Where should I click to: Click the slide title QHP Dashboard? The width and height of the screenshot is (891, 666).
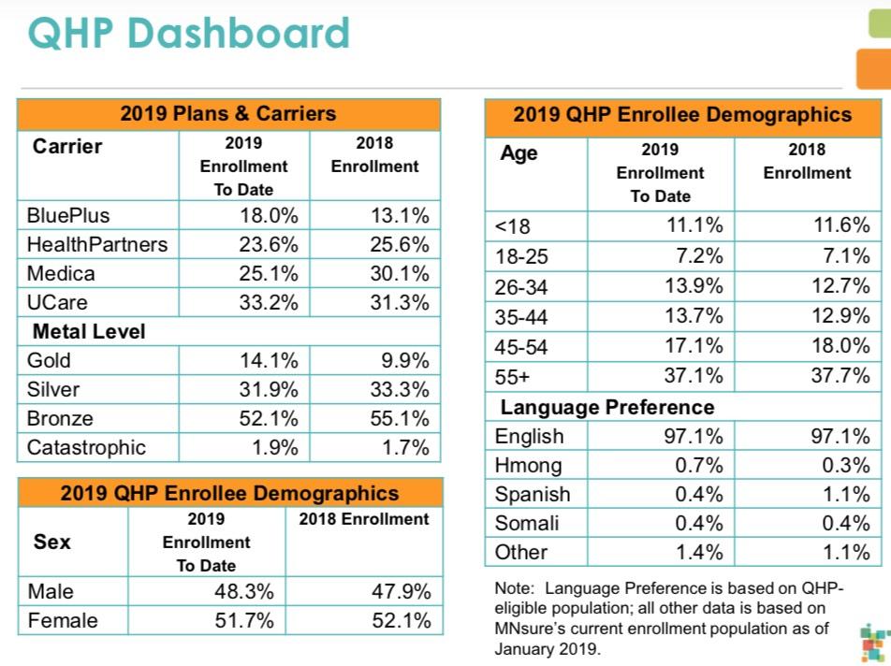[188, 34]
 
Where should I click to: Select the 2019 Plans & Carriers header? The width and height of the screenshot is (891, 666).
[227, 114]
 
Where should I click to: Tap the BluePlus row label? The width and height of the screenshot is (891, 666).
[68, 215]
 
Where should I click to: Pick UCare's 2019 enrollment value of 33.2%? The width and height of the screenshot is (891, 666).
[270, 302]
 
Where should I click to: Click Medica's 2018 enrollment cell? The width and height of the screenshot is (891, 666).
[400, 273]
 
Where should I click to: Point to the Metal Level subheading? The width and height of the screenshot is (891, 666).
[89, 331]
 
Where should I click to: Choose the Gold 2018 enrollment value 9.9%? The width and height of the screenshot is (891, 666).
[406, 360]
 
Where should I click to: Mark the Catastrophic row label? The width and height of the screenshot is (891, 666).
[86, 447]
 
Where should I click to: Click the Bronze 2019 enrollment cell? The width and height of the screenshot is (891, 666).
[270, 418]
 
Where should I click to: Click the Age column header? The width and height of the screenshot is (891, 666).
[519, 153]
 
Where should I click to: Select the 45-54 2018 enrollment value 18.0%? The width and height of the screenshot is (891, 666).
[840, 346]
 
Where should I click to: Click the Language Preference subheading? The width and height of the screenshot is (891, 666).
[606, 407]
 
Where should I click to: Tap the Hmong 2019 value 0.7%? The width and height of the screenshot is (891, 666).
[699, 465]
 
